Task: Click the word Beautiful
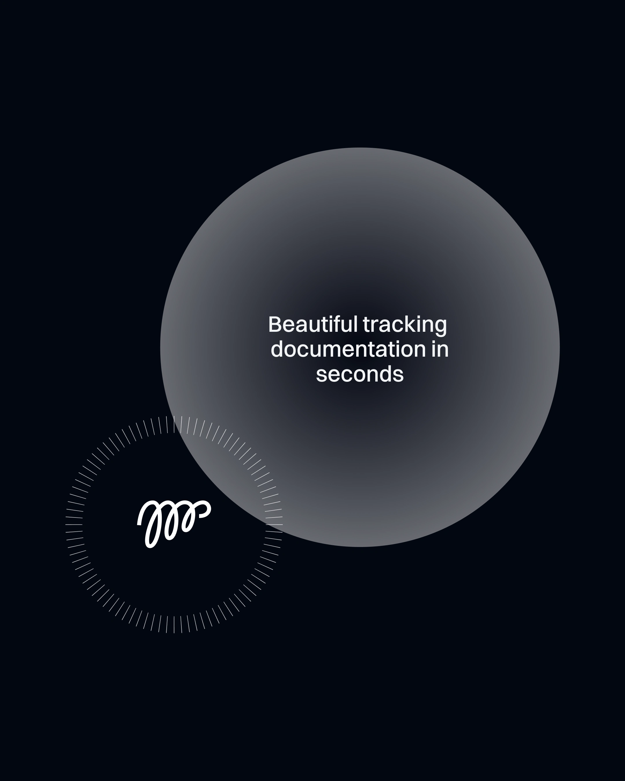click(313, 324)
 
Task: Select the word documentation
click(348, 349)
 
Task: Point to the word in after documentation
click(440, 349)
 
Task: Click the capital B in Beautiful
click(275, 325)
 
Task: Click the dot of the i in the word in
click(434, 342)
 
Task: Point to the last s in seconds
click(398, 376)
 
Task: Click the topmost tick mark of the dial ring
click(174, 424)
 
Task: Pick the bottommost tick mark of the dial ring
click(174, 625)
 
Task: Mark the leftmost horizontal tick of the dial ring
click(74, 524)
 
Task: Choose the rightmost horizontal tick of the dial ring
click(274, 524)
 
